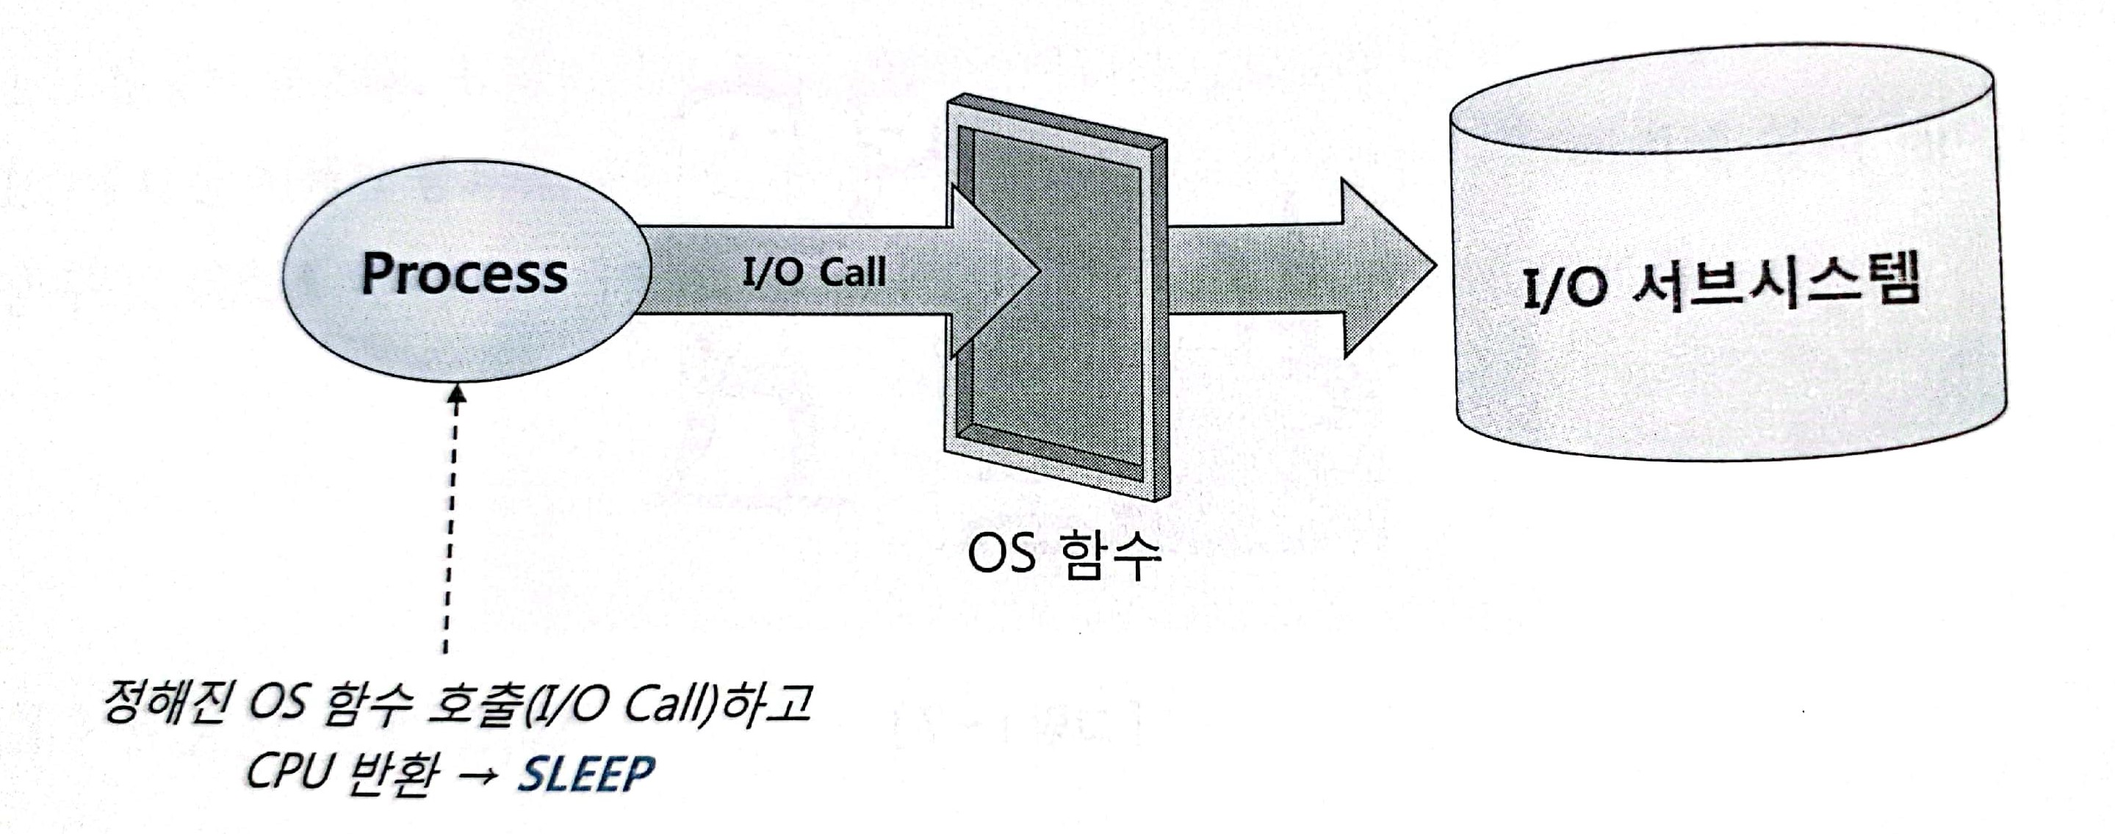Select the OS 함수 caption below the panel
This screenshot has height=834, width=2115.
1064,554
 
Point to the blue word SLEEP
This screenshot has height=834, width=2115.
586,773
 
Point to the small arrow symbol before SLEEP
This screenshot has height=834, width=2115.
476,775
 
